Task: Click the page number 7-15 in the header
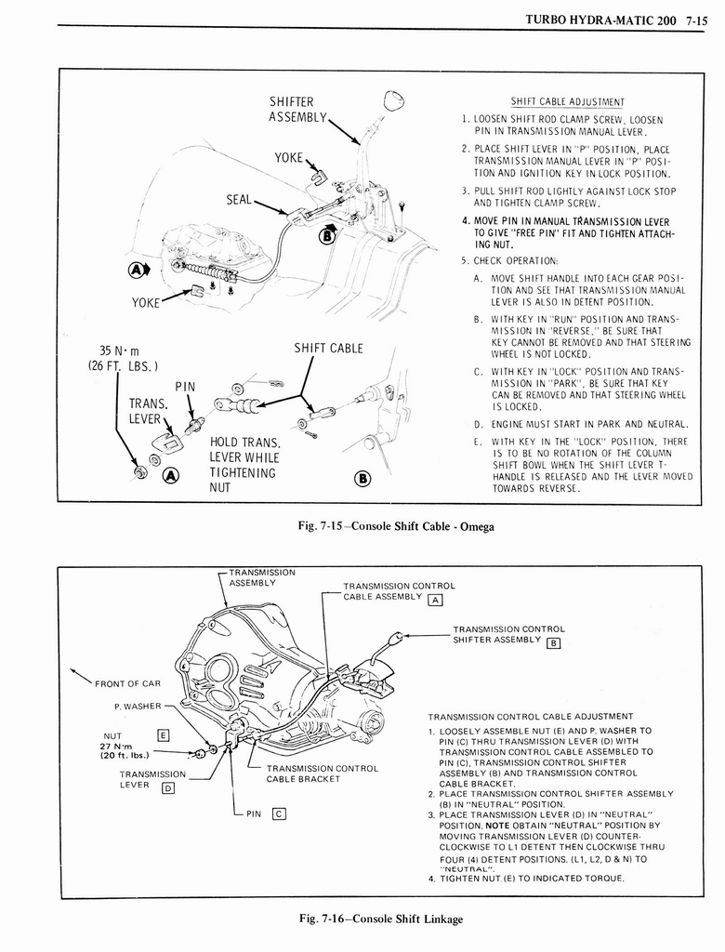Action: (x=694, y=16)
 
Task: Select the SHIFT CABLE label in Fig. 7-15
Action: (x=328, y=349)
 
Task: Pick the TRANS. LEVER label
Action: (x=148, y=411)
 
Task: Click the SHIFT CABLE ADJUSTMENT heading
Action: (x=567, y=102)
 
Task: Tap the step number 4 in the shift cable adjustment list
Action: (x=465, y=221)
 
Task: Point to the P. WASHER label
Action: (x=137, y=707)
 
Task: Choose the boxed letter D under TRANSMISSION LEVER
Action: (x=168, y=788)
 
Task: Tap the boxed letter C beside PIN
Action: (x=277, y=815)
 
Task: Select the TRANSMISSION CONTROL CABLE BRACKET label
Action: (x=322, y=773)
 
